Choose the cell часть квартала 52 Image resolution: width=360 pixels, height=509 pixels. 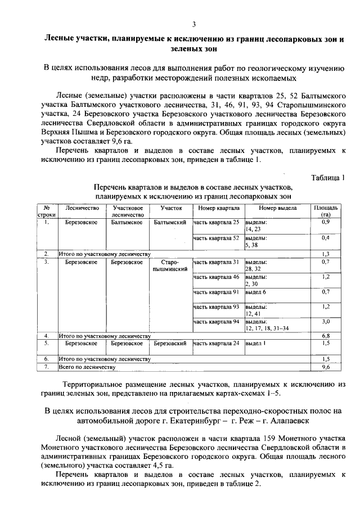(216, 238)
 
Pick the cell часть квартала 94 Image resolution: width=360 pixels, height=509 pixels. (216, 322)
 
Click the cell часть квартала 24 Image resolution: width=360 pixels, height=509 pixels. (216, 343)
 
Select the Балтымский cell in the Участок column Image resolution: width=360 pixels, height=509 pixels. (170, 222)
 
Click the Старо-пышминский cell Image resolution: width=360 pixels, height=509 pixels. (170, 266)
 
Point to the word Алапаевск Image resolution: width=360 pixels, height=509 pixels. (286, 420)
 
